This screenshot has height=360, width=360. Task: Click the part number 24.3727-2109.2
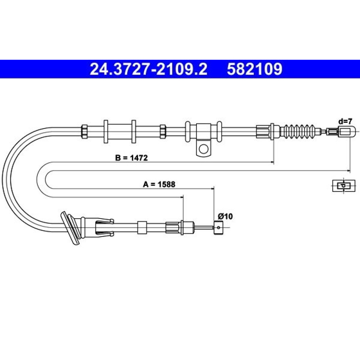pos(148,69)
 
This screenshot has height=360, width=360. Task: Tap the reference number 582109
pos(255,69)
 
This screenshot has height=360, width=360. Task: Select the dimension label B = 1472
pos(131,158)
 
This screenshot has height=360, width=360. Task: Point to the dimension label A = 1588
pos(159,184)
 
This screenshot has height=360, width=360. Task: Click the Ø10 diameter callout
pos(225,216)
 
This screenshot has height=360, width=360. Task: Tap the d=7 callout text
pos(345,121)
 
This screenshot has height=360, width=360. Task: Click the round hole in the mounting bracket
pos(203,149)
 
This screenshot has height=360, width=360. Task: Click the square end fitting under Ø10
pos(219,228)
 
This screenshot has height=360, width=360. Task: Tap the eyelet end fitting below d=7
pos(347,132)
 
